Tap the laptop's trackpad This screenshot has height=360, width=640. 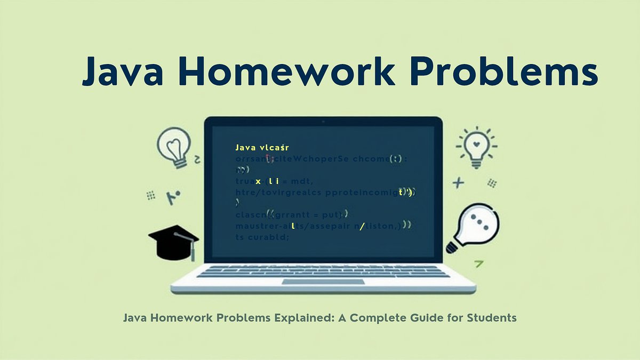[x=323, y=281]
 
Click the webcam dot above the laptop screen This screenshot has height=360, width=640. [x=323, y=122]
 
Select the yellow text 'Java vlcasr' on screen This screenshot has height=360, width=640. [x=262, y=147]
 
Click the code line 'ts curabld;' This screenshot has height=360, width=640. [x=262, y=237]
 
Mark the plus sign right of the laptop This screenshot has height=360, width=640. [x=458, y=183]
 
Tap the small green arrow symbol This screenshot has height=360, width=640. [x=479, y=262]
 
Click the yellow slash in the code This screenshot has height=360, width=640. [x=362, y=227]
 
